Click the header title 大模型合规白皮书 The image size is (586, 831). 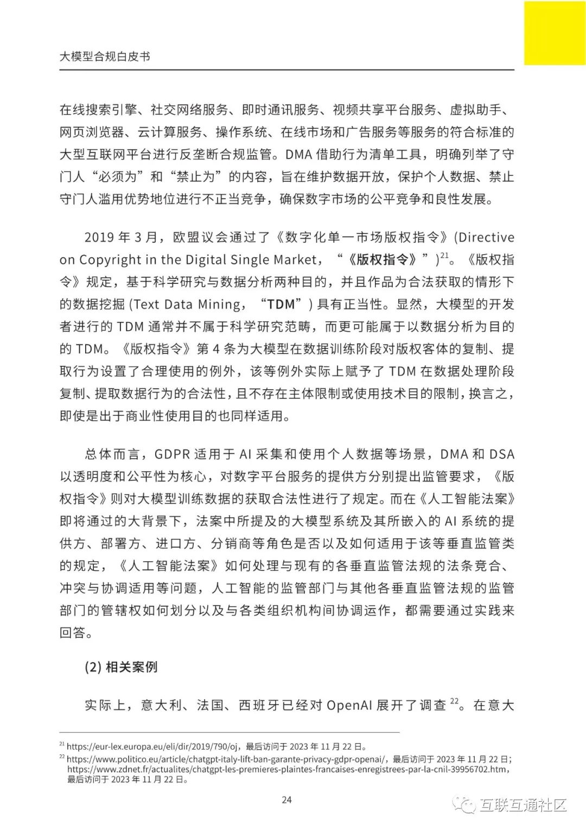coord(105,56)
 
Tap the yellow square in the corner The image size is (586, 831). coord(555,33)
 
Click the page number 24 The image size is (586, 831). coord(287,800)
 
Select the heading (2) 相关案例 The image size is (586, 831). coord(121,667)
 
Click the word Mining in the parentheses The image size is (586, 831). coord(218,305)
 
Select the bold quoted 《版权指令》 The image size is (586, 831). coord(383,259)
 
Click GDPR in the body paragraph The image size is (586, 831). coord(171,454)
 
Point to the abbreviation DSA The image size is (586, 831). coord(501,454)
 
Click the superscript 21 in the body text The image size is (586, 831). coord(444,255)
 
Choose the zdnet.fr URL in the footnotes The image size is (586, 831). coord(288,769)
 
